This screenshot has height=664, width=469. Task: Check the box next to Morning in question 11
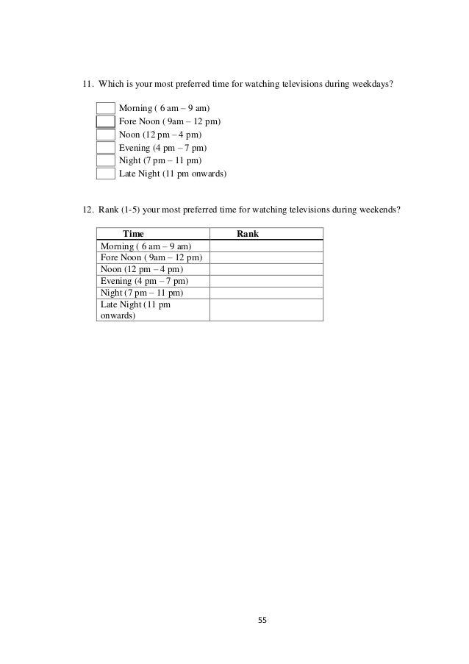[x=106, y=108]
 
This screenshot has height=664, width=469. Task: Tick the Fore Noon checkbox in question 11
[x=106, y=121]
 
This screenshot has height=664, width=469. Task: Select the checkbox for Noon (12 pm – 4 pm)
[x=106, y=135]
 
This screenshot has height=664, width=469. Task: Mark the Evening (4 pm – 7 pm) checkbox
[x=106, y=148]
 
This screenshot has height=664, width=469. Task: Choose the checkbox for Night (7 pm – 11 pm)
[x=106, y=161]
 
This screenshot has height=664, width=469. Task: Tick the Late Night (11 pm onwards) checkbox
[x=106, y=174]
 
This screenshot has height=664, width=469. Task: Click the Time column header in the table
[x=133, y=234]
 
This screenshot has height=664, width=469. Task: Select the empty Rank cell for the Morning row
[x=266, y=246]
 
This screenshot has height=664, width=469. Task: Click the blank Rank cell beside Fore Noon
[x=266, y=257]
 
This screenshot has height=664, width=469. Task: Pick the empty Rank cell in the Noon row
[x=266, y=269]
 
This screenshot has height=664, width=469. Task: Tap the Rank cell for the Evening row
[x=266, y=281]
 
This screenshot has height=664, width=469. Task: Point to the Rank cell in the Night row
[x=266, y=293]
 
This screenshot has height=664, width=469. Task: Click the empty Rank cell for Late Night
[x=266, y=310]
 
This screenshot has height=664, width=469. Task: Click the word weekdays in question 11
[x=375, y=84]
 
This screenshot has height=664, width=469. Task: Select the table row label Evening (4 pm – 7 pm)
[x=144, y=281]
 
